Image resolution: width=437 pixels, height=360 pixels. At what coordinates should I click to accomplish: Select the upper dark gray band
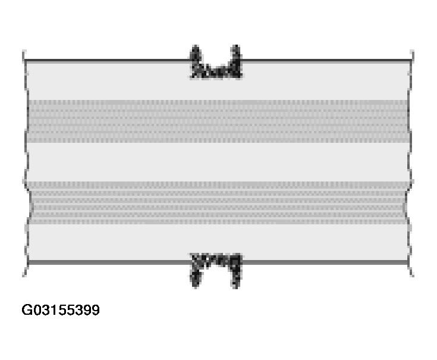pos(218,121)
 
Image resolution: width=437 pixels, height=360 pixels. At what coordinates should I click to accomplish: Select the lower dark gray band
pos(218,203)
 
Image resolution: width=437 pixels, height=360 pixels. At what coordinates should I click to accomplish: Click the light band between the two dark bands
pos(218,162)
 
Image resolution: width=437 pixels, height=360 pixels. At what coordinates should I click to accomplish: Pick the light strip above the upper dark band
pos(218,82)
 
